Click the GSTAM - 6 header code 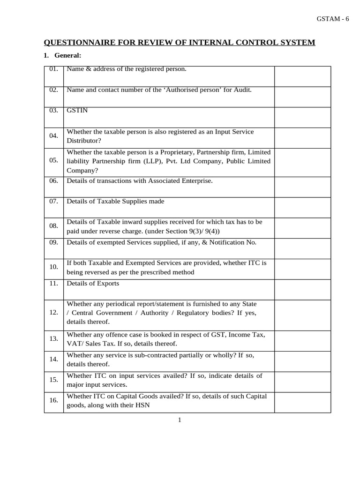(333, 19)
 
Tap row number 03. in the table (53, 111)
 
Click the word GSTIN (77, 111)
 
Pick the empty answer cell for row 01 (302, 76)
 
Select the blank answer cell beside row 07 (302, 207)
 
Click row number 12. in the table (53, 312)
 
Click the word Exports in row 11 (108, 283)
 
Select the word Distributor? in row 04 (84, 141)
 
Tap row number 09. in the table (53, 242)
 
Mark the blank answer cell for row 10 (302, 269)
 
